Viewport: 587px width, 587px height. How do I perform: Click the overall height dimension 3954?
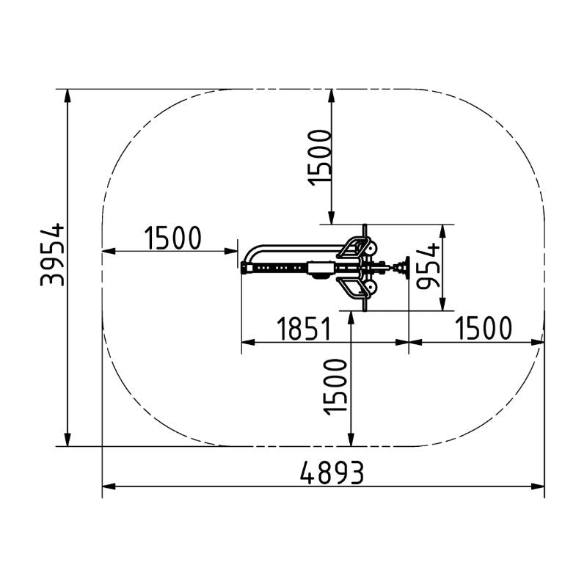52,255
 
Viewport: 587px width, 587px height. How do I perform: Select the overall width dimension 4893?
332,473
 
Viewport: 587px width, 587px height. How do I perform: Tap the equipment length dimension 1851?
304,329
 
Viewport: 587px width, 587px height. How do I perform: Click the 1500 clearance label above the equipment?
319,157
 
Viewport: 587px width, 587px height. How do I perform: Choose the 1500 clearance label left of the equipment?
173,238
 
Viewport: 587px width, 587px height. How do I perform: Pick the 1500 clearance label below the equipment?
335,387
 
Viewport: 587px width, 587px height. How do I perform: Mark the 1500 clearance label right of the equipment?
484,328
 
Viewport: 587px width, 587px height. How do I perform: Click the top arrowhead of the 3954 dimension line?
68,96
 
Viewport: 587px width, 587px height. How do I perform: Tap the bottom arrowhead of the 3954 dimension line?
68,440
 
